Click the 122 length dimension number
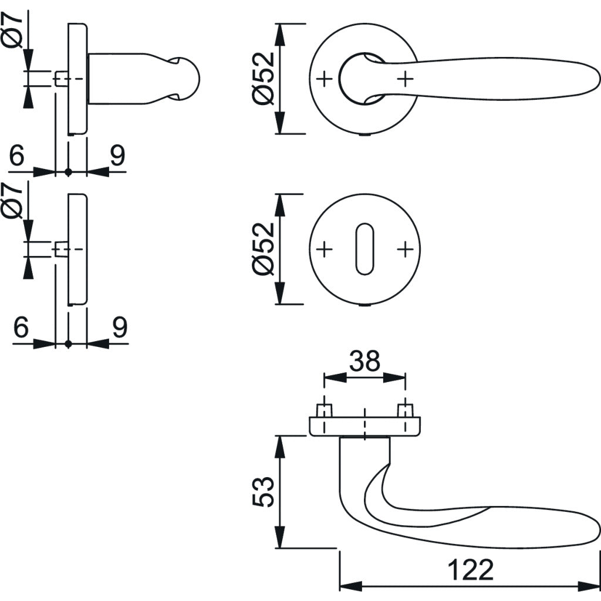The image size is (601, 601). (x=470, y=569)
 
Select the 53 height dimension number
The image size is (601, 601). (x=264, y=492)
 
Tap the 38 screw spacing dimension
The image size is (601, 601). (x=364, y=362)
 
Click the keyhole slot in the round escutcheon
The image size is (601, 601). (x=365, y=249)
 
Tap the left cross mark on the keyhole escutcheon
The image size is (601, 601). (x=325, y=249)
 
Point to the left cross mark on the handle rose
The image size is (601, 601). (x=325, y=78)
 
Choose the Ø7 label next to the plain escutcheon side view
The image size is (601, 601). (x=13, y=201)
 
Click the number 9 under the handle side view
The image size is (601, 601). (x=118, y=156)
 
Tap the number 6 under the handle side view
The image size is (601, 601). (x=18, y=156)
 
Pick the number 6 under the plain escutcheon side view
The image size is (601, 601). (x=21, y=327)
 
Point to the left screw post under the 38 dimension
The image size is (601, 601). (x=324, y=410)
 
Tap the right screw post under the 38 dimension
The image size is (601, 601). (x=405, y=410)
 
